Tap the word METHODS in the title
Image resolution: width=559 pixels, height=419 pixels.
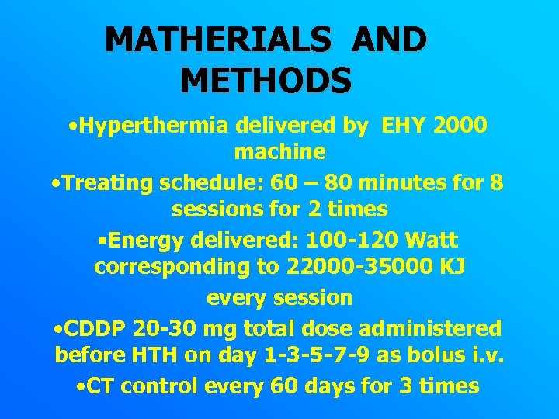[266, 79]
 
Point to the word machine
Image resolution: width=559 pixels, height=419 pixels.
[279, 151]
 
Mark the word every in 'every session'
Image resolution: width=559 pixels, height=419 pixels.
[237, 297]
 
